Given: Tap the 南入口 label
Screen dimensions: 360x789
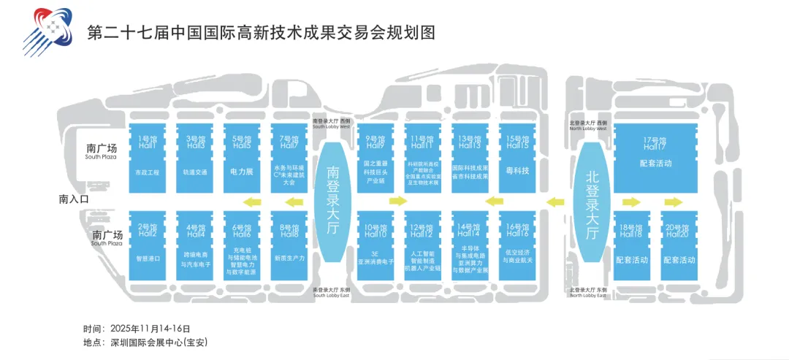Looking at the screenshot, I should [x=74, y=199].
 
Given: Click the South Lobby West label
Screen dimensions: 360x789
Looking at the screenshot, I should [x=332, y=124].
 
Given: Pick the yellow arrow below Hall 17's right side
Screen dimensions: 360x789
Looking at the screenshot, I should [x=674, y=202].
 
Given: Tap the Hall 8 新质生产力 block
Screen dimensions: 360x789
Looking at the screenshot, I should [x=289, y=245].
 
